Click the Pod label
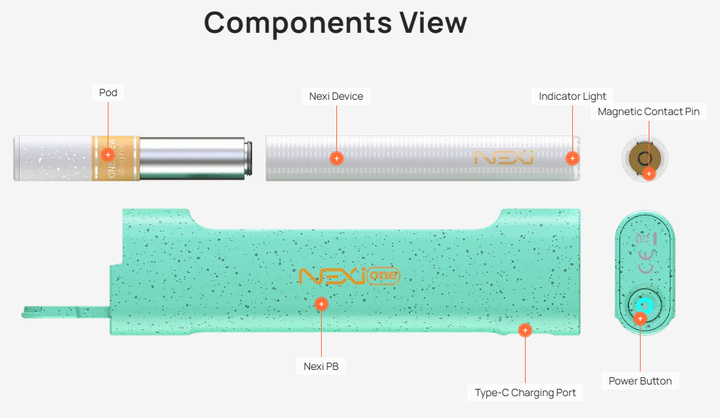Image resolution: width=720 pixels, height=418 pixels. click(108, 93)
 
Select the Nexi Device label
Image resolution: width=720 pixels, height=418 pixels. click(336, 96)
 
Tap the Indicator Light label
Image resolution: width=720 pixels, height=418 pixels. click(572, 96)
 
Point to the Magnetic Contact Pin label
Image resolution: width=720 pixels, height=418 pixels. click(648, 111)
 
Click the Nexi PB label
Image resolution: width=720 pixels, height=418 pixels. click(321, 366)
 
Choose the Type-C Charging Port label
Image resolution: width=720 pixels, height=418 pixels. click(525, 393)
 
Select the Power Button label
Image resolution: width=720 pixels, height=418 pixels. click(640, 381)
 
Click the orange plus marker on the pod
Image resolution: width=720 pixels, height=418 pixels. click(108, 154)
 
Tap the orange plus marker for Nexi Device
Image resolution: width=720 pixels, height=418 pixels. click(336, 157)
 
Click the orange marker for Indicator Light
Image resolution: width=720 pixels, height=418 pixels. click(572, 157)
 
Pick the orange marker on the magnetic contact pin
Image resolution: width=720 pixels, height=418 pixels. click(649, 173)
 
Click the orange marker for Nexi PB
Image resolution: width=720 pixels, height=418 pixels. click(321, 303)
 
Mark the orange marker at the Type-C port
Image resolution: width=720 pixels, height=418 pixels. click(525, 330)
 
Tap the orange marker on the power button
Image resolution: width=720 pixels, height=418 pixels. click(640, 318)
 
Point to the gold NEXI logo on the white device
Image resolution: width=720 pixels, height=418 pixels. click(503, 157)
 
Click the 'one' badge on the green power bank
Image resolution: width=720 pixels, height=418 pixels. click(383, 277)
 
